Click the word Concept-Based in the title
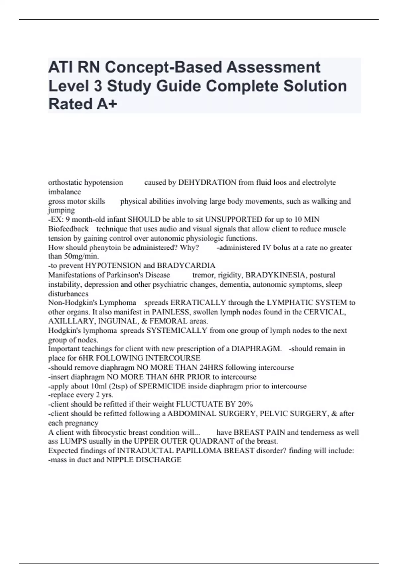[163, 67]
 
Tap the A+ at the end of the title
[107, 104]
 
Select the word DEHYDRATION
[207, 182]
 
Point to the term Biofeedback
[68, 229]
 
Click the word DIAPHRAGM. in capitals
[256, 349]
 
